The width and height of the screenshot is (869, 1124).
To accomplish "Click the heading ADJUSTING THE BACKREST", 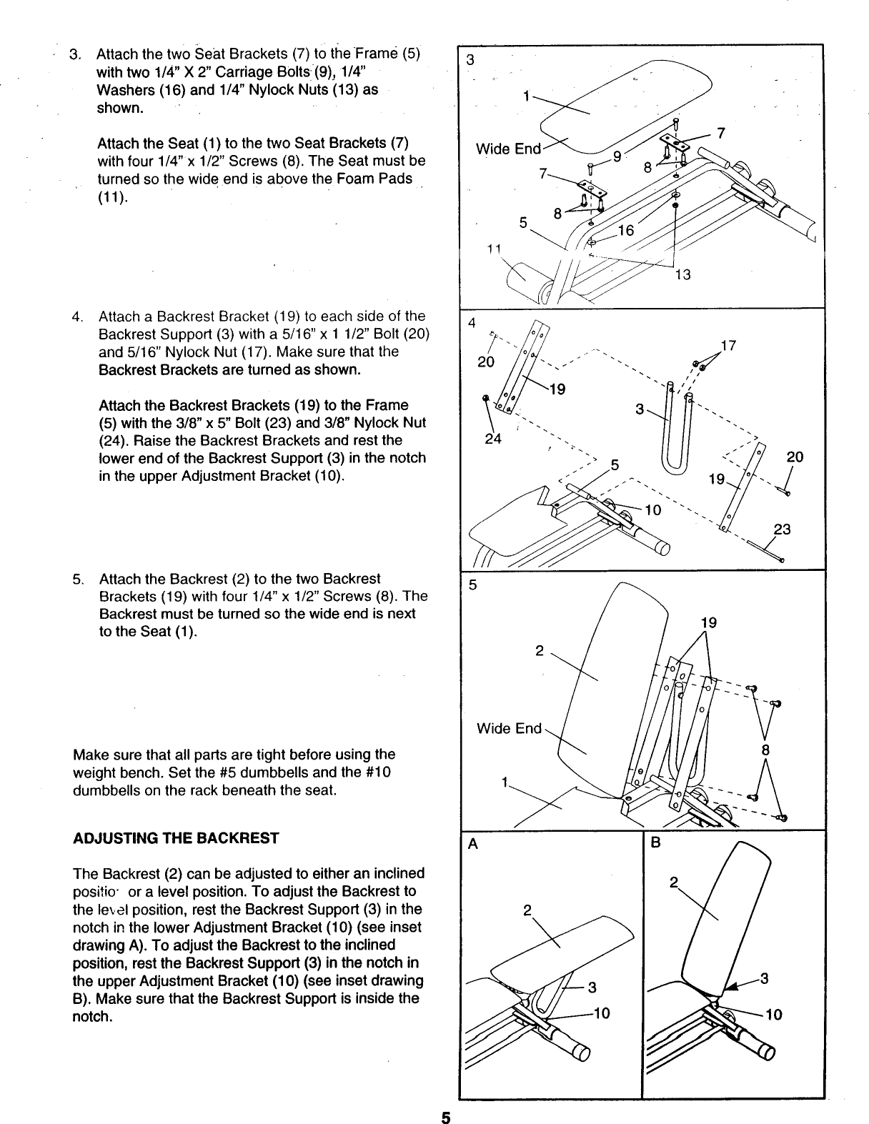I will [x=176, y=838].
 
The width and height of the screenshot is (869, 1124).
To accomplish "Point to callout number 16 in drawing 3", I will [x=625, y=230].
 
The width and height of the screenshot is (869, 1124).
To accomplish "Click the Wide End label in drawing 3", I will [x=509, y=149].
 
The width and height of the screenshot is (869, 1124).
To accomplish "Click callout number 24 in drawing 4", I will [x=492, y=439].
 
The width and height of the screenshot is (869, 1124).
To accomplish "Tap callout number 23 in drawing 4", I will [x=783, y=529].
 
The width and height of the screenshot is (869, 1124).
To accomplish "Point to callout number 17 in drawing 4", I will [x=728, y=348].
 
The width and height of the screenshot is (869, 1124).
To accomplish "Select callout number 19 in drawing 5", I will [x=708, y=622].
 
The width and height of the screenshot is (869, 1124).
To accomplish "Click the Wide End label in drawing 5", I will [x=510, y=728].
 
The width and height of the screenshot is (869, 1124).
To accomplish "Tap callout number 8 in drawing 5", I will [x=765, y=750].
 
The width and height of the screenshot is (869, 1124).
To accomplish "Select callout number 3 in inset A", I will [x=592, y=988].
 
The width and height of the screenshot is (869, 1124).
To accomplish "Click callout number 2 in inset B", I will [x=672, y=882].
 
